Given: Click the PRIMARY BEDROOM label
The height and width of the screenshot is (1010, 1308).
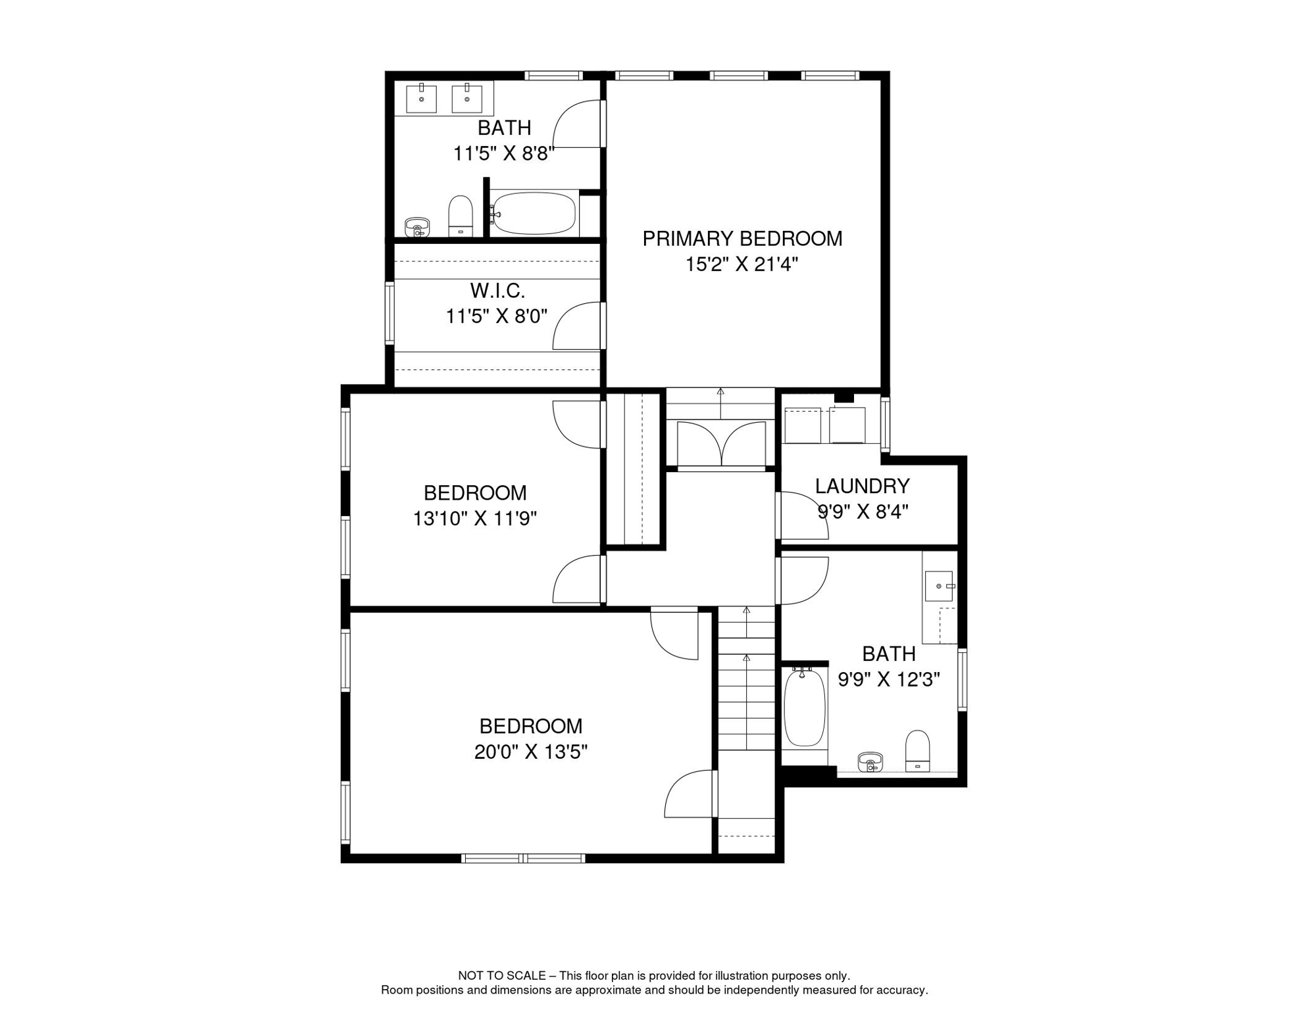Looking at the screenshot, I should pos(742,239).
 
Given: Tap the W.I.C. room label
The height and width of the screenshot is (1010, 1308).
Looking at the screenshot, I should pos(497,290).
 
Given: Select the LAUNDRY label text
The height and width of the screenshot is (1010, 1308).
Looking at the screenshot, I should pos(862,486).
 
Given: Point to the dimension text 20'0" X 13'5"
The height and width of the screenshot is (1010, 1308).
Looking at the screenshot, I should pos(530,752).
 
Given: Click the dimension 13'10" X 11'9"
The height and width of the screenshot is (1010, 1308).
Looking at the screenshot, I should pos(474,519).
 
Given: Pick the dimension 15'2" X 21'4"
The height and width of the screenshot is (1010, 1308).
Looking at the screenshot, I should pos(742,264).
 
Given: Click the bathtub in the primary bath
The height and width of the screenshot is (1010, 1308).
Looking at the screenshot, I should pos(534,213).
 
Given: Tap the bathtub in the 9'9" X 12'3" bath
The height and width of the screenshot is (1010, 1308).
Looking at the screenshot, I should pos(804,708).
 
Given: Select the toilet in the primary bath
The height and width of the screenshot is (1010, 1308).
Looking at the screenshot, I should pos(461,215).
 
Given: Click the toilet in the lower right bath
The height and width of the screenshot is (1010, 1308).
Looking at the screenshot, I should pos(917,750).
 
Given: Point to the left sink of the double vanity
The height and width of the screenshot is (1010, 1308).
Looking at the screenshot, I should pos(421,99).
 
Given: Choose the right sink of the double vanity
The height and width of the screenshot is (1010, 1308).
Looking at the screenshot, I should pos(466,99).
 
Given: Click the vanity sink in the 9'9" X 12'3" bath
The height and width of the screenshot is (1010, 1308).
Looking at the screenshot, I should pos(938,586).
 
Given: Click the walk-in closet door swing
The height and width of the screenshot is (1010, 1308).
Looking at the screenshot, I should pos(577,327).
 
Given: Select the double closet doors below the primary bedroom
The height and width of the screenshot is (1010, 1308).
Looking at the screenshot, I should pos(721,444).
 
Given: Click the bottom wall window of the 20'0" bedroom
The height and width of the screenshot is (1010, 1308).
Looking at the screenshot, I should pos(523,857).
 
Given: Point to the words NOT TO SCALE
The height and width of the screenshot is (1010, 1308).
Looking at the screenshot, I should pos(501,976).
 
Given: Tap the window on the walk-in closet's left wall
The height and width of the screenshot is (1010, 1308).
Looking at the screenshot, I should pos(390,313).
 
